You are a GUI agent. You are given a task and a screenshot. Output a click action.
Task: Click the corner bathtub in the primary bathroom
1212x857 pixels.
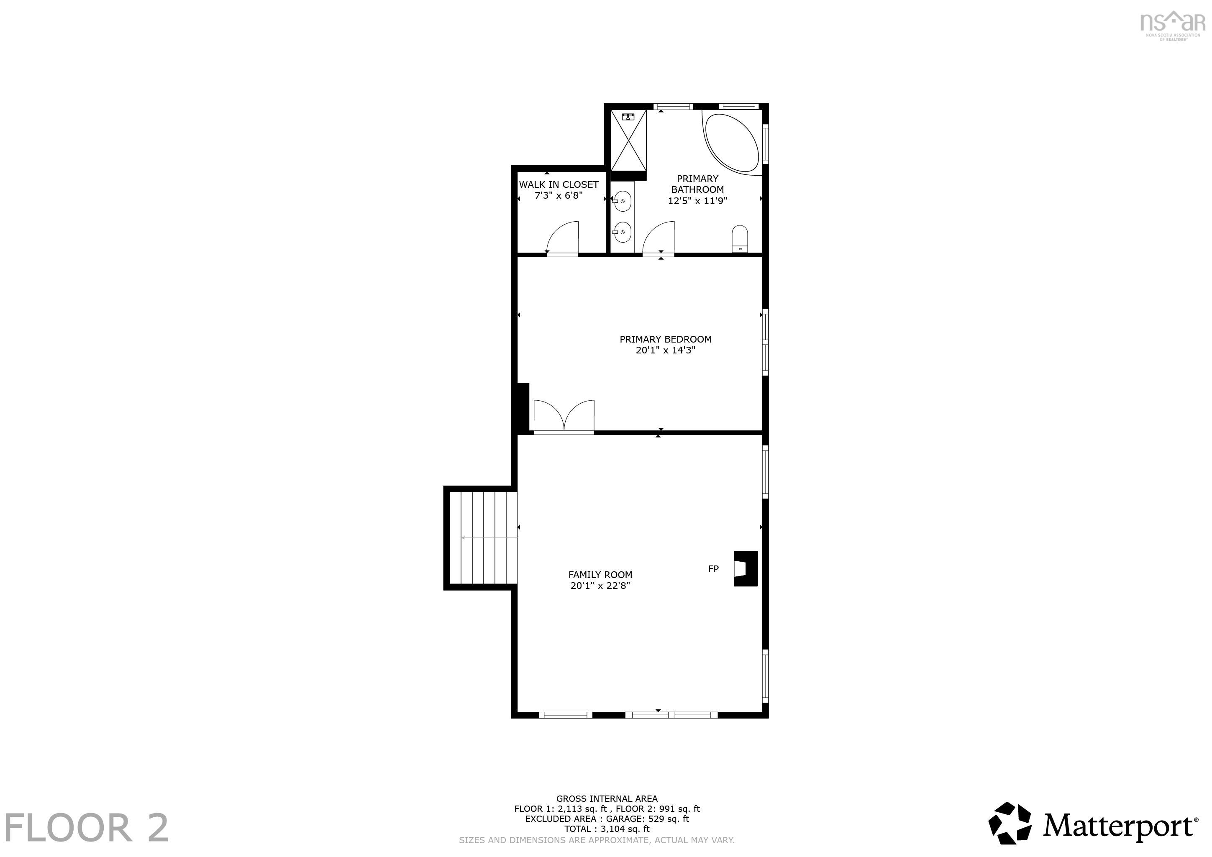pyautogui.click(x=733, y=143)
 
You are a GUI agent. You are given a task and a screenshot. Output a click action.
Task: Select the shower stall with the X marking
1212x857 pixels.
pyautogui.click(x=628, y=141)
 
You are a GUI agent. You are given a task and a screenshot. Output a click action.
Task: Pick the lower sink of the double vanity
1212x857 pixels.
pyautogui.click(x=623, y=232)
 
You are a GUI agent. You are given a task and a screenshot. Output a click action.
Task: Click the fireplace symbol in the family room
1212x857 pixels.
pyautogui.click(x=746, y=568)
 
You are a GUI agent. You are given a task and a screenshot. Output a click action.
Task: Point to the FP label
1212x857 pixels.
pyautogui.click(x=713, y=569)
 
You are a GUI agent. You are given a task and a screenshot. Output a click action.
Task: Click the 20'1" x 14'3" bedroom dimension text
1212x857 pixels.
pyautogui.click(x=665, y=350)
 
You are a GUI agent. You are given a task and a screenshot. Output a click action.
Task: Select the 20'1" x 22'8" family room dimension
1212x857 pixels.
pyautogui.click(x=600, y=586)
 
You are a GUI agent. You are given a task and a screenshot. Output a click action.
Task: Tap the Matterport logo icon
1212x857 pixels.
pyautogui.click(x=1009, y=823)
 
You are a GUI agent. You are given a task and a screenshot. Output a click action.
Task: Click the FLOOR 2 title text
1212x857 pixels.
pyautogui.click(x=87, y=827)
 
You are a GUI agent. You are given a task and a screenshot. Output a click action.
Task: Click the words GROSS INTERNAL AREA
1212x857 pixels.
pyautogui.click(x=607, y=799)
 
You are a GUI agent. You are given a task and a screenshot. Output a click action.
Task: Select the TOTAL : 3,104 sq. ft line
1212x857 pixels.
pyautogui.click(x=607, y=829)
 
